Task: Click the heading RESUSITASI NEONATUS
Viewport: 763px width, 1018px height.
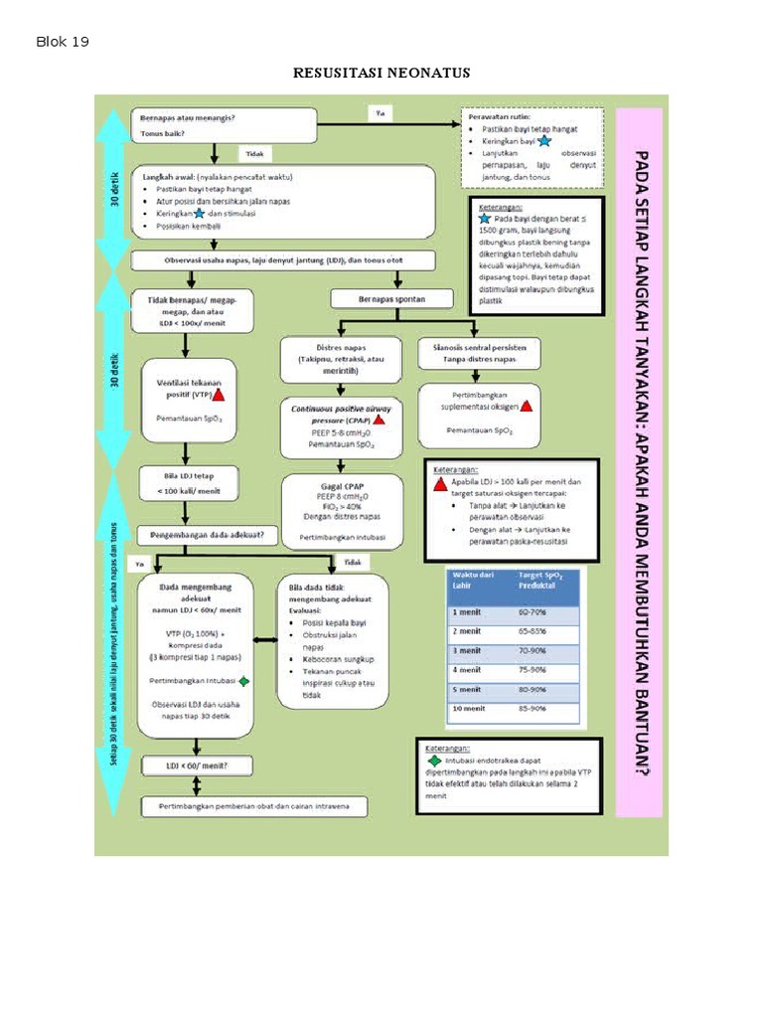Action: pyautogui.click(x=381, y=74)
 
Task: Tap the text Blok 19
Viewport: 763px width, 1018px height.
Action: pyautogui.click(x=63, y=42)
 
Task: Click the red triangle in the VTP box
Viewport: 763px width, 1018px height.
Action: pyautogui.click(x=219, y=394)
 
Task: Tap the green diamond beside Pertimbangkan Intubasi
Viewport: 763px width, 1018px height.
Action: pyautogui.click(x=245, y=681)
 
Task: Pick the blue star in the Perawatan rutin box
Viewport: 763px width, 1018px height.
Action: pyautogui.click(x=542, y=142)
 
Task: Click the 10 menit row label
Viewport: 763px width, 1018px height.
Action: pyautogui.click(x=470, y=709)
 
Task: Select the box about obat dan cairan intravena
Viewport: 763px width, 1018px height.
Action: pyautogui.click(x=253, y=805)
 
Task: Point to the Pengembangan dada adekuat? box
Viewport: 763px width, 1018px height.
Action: pyautogui.click(x=207, y=534)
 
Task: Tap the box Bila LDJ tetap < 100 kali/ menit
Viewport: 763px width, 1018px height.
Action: pyautogui.click(x=187, y=482)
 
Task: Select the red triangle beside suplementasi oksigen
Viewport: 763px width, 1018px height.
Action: pyautogui.click(x=527, y=406)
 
